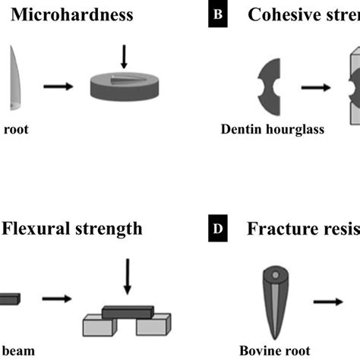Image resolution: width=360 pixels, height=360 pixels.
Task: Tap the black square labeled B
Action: tap(218, 16)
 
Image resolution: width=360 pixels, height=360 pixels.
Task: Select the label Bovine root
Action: tap(270, 351)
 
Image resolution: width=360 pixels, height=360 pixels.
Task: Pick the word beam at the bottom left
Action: tap(15, 351)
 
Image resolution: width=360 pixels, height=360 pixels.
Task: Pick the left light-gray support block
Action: tap(100, 324)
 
